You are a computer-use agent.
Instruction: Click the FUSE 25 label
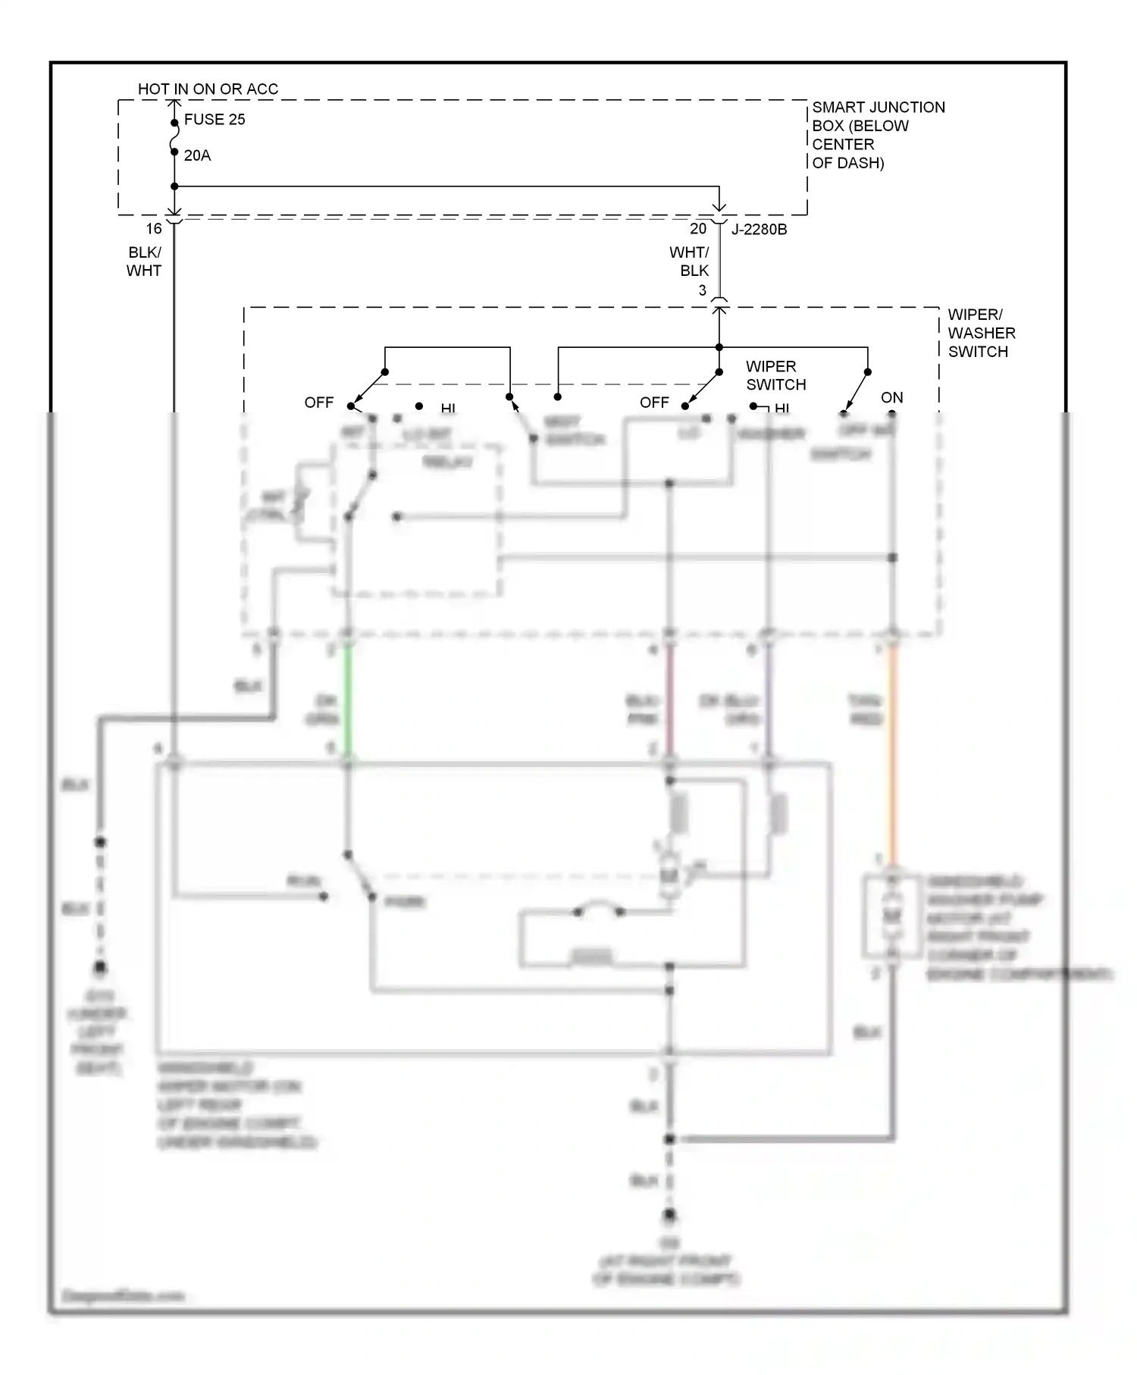pyautogui.click(x=215, y=120)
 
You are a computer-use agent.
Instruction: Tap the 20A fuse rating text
pyautogui.click(x=197, y=155)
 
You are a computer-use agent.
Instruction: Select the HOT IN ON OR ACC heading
pyautogui.click(x=208, y=89)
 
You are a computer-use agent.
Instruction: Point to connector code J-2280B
pyautogui.click(x=759, y=229)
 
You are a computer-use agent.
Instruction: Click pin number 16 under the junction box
pyautogui.click(x=154, y=229)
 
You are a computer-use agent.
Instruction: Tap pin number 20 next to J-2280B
pyautogui.click(x=698, y=229)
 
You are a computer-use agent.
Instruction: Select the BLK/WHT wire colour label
pyautogui.click(x=144, y=262)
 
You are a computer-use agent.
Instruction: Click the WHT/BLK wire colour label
pyautogui.click(x=689, y=262)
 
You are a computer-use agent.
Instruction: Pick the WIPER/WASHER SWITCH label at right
pyautogui.click(x=981, y=333)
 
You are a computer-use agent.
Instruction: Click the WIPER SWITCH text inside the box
pyautogui.click(x=775, y=375)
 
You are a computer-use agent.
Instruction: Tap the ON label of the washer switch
pyautogui.click(x=891, y=398)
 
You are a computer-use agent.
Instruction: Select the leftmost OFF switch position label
pyautogui.click(x=318, y=402)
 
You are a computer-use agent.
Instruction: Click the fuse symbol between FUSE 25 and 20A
pyautogui.click(x=174, y=137)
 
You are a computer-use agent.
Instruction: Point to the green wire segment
pyautogui.click(x=348, y=701)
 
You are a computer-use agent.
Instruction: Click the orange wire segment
pyautogui.click(x=892, y=750)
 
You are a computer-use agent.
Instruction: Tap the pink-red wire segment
pyautogui.click(x=669, y=701)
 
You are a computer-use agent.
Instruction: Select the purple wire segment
pyautogui.click(x=768, y=701)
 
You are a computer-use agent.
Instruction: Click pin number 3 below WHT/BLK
pyautogui.click(x=703, y=290)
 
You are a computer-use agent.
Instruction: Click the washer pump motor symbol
pyautogui.click(x=892, y=916)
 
